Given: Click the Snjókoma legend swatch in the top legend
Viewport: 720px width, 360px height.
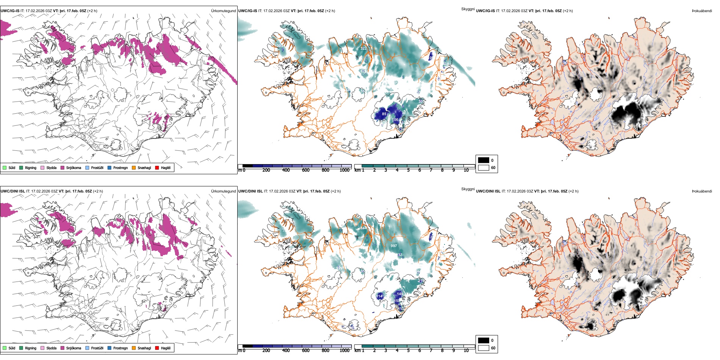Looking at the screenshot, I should pyautogui.click(x=63, y=167).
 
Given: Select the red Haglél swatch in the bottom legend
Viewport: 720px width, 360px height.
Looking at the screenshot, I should pyautogui.click(x=157, y=348).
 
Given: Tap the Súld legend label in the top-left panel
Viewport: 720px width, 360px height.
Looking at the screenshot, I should pyautogui.click(x=12, y=167).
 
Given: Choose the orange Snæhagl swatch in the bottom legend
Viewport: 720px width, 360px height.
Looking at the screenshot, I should pyautogui.click(x=134, y=348).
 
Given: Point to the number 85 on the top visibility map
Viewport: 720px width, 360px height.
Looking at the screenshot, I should pyautogui.click(x=384, y=114).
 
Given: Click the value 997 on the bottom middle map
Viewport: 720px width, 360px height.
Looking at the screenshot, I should pyautogui.click(x=394, y=246).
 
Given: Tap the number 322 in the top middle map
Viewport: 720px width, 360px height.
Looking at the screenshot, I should pyautogui.click(x=363, y=49).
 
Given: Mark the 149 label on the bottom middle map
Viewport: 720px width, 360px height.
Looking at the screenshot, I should pyautogui.click(x=400, y=294).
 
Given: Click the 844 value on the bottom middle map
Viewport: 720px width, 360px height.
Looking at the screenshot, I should pyautogui.click(x=363, y=228).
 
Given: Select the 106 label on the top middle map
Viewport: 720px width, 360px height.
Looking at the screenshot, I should pyautogui.click(x=395, y=120).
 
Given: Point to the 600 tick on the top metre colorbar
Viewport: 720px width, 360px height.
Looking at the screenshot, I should pyautogui.click(x=305, y=170).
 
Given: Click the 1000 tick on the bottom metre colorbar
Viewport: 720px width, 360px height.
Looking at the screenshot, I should pyautogui.click(x=344, y=351).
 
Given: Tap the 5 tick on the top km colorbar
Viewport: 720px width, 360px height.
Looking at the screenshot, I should pyautogui.click(x=408, y=170).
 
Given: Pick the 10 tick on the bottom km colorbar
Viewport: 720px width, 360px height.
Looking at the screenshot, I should pyautogui.click(x=466, y=351).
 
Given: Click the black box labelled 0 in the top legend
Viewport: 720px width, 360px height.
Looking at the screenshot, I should pyautogui.click(x=484, y=160).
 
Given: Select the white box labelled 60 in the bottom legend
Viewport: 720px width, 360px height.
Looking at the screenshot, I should pyautogui.click(x=484, y=348).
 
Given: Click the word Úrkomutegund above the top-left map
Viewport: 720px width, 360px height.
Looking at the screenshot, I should pyautogui.click(x=223, y=11).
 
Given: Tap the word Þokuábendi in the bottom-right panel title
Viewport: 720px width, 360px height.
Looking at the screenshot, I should pyautogui.click(x=702, y=191).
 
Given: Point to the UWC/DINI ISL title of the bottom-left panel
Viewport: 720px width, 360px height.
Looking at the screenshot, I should pyautogui.click(x=13, y=191).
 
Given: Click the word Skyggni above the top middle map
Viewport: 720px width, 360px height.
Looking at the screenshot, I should pyautogui.click(x=468, y=9).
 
